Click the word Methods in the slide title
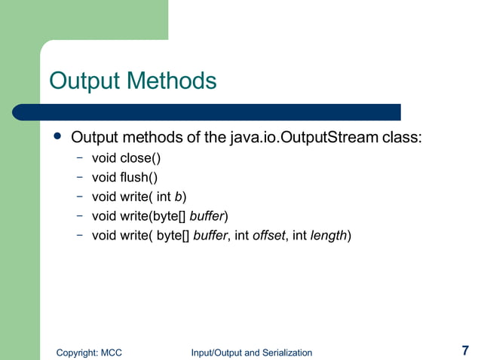point(173,81)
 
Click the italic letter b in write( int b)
point(178,197)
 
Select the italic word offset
point(268,236)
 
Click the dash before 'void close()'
point(79,159)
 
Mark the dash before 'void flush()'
point(79,178)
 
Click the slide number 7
point(465,350)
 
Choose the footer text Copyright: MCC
point(90,352)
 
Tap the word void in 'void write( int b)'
point(104,197)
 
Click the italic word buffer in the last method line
point(210,236)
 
